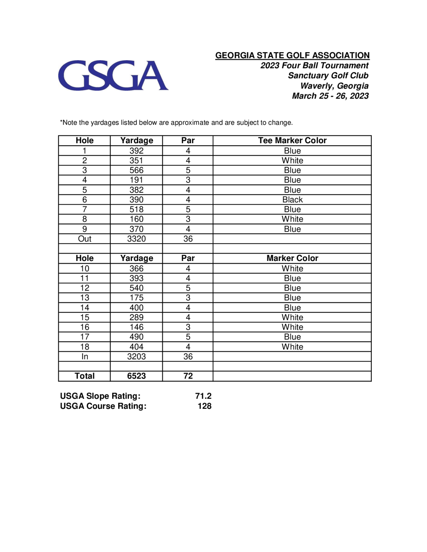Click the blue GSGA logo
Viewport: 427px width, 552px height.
pyautogui.click(x=113, y=75)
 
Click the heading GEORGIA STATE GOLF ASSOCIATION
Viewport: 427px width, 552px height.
pyautogui.click(x=292, y=55)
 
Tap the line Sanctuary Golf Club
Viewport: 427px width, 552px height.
pyautogui.click(x=328, y=76)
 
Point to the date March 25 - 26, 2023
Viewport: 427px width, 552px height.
pyautogui.click(x=330, y=96)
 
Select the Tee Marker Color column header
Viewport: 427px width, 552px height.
pyautogui.click(x=292, y=141)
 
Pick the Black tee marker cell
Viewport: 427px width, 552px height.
pyautogui.click(x=292, y=200)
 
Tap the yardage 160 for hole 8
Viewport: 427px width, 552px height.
pyautogui.click(x=136, y=219)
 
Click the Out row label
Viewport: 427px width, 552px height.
pyautogui.click(x=85, y=239)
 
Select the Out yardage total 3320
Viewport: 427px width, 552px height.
pyautogui.click(x=136, y=239)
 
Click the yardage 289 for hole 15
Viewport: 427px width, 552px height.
pyautogui.click(x=136, y=317)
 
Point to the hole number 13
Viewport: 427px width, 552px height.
pyautogui.click(x=85, y=298)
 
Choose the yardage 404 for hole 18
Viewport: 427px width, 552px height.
pyautogui.click(x=136, y=347)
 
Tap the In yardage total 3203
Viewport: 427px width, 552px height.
pyautogui.click(x=136, y=357)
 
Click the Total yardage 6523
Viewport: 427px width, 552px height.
pyautogui.click(x=136, y=376)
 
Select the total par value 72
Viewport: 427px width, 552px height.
pyautogui.click(x=188, y=376)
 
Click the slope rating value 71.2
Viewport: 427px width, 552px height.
pyautogui.click(x=203, y=396)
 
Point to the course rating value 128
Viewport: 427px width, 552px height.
pyautogui.click(x=204, y=406)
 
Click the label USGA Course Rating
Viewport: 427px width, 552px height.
pyautogui.click(x=103, y=406)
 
